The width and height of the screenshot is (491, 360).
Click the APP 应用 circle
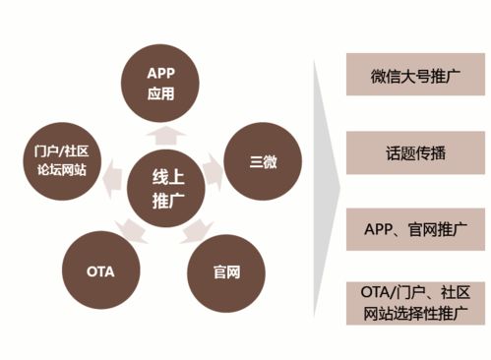coord(159,85)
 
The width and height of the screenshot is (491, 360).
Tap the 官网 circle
coord(225,270)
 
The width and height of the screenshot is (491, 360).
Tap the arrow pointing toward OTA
coord(131,231)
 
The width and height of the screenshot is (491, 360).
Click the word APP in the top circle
coord(159,74)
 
